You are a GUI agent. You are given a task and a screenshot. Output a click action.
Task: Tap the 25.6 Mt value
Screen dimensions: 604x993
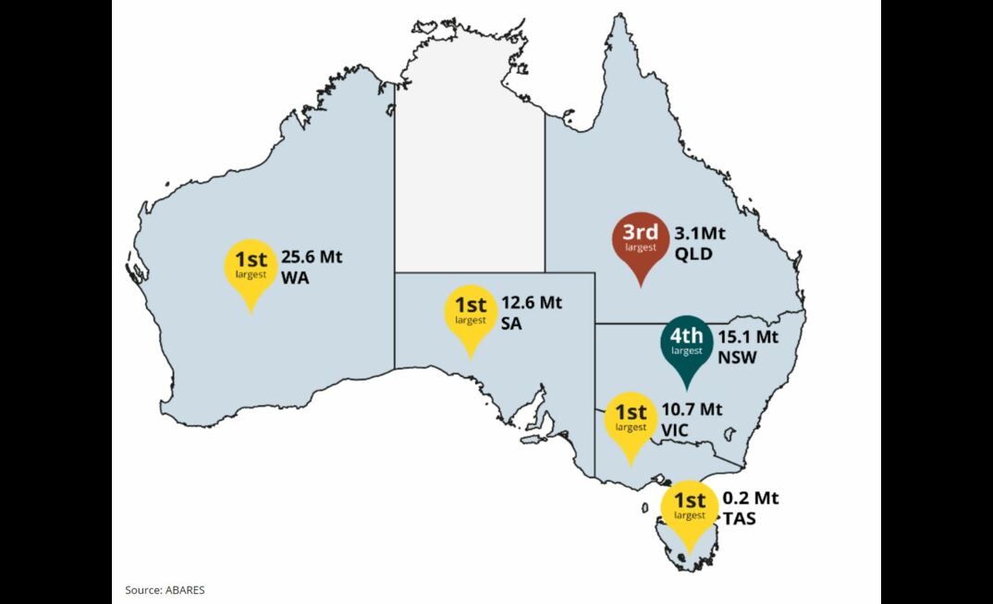[312, 256]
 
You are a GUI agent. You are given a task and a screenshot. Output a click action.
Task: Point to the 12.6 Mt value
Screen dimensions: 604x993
[532, 302]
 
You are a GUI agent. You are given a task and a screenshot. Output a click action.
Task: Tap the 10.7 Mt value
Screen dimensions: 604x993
[692, 408]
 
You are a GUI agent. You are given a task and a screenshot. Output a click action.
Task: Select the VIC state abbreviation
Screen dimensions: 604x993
[677, 429]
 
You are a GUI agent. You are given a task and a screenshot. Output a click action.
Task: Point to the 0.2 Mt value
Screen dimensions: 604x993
[750, 499]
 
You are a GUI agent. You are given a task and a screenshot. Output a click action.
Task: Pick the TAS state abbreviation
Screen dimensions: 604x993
[739, 519]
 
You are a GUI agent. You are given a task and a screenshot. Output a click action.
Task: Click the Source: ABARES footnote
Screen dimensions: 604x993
[165, 589]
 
